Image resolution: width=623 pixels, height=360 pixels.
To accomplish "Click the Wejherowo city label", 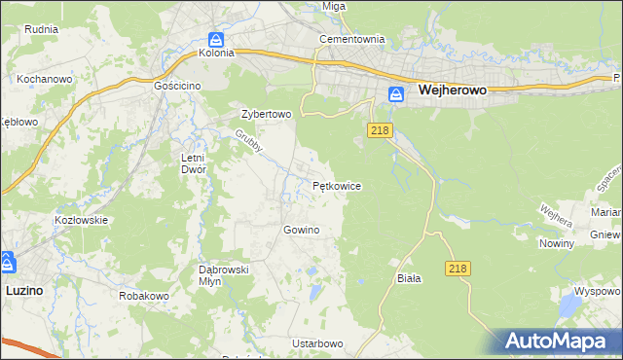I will tap(452, 90).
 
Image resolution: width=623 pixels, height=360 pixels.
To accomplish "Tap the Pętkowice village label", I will tap(338, 185).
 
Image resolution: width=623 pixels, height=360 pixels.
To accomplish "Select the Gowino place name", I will tap(301, 230).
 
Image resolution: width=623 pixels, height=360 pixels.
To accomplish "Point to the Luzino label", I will tap(23, 290).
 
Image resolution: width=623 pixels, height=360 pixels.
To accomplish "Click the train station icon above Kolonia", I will tap(217, 39).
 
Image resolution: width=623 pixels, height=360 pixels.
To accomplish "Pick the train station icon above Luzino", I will tap(8, 262).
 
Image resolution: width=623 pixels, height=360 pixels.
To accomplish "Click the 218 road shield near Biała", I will tap(458, 268).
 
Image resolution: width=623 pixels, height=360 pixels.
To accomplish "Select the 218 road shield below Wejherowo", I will tap(380, 130).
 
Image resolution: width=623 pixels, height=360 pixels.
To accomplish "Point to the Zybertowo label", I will tap(267, 114).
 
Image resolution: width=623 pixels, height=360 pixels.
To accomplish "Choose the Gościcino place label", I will tap(177, 86).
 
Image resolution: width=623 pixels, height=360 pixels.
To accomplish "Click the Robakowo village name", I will tap(144, 295).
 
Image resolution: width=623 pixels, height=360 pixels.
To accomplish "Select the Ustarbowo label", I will tap(317, 343).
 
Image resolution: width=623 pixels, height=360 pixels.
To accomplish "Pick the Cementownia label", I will tap(352, 40).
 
